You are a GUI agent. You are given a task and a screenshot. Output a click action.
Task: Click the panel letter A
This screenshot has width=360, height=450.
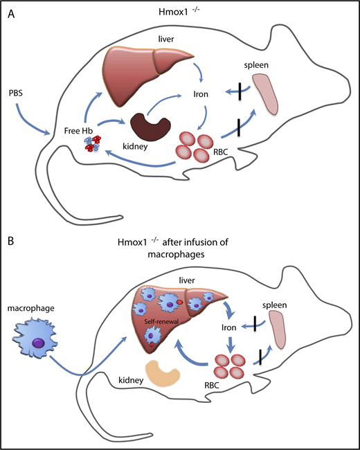[12, 15]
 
